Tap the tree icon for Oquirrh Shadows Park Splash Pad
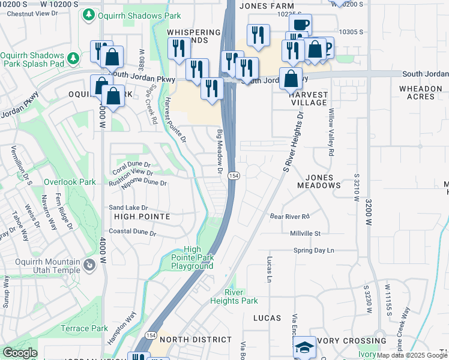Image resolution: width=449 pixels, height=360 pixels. [74, 58]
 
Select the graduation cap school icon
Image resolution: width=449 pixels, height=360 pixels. [304, 347]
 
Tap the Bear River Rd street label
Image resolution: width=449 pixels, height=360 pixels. [289, 216]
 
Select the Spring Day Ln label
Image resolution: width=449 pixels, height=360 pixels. [313, 250]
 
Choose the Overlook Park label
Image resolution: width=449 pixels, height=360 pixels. [70, 181]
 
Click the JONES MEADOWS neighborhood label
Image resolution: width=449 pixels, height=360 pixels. [324, 181]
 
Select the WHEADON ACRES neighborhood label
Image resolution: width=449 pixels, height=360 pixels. [420, 92]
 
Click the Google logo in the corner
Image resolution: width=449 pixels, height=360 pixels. [20, 353]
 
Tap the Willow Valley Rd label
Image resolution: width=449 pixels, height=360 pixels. [331, 133]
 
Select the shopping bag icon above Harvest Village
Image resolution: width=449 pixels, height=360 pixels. [291, 79]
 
